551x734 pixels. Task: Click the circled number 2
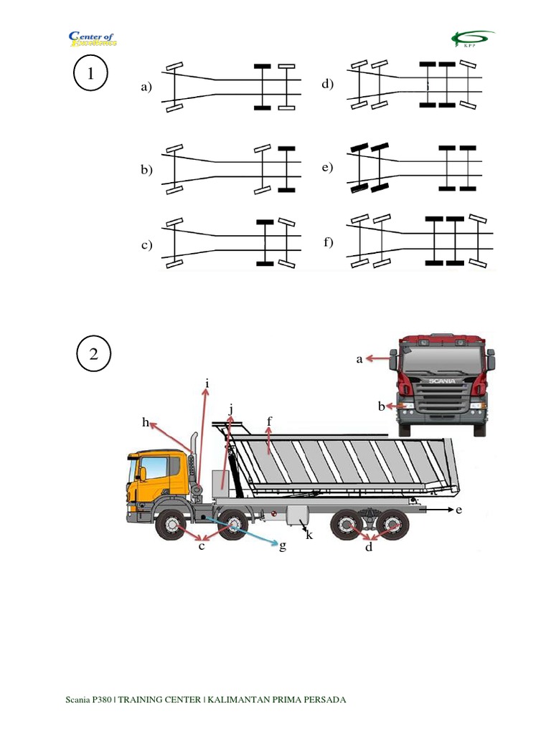click(x=93, y=353)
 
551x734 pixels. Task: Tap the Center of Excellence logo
click(x=92, y=38)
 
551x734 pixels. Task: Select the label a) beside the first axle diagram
click(x=147, y=88)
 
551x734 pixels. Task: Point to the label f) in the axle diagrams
click(x=329, y=242)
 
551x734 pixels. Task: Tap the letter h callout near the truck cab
click(x=145, y=423)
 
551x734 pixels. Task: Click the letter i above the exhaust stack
click(x=207, y=384)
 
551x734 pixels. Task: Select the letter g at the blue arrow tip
click(x=283, y=546)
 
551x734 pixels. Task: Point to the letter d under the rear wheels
click(x=369, y=548)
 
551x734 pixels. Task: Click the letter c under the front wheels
click(x=202, y=546)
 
